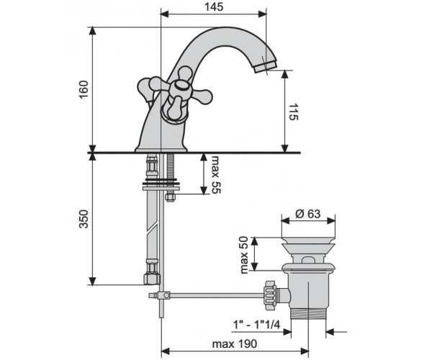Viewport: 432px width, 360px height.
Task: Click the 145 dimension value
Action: tap(214, 7)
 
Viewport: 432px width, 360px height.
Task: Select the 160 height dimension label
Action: tap(84, 89)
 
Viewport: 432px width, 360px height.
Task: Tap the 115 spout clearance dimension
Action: tap(293, 112)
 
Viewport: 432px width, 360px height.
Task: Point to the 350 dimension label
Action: tap(84, 219)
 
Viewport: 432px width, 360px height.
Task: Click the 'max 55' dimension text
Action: tap(216, 175)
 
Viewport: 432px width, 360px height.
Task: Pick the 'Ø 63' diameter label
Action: tap(307, 214)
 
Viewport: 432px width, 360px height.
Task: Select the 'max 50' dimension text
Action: tap(244, 255)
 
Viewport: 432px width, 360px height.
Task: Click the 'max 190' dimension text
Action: tap(234, 343)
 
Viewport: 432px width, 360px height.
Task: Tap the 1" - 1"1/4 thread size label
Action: tap(256, 325)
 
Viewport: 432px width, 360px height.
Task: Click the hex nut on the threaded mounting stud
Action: tap(169, 197)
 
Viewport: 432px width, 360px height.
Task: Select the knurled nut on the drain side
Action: tap(270, 295)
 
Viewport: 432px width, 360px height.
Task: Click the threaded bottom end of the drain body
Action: tap(309, 313)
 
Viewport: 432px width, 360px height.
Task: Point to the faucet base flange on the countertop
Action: tap(161, 149)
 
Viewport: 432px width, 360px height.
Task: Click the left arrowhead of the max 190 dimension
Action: tap(165, 351)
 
